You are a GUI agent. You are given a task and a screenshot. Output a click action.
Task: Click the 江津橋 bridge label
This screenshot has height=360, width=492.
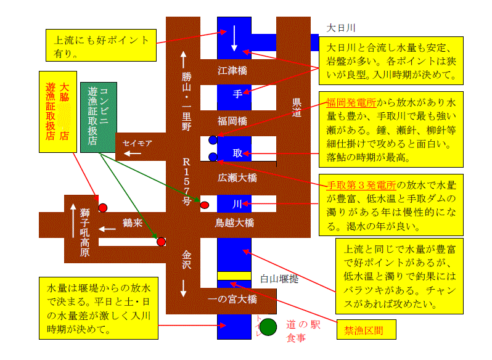click(232, 70)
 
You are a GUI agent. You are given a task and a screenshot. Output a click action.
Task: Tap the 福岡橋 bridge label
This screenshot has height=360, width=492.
click(232, 121)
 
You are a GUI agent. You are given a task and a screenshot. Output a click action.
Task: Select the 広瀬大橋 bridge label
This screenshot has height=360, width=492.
click(237, 178)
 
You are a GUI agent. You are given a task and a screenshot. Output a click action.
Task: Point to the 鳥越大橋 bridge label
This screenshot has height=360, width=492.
click(234, 223)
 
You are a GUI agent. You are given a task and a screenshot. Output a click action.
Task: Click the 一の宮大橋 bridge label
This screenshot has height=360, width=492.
click(232, 299)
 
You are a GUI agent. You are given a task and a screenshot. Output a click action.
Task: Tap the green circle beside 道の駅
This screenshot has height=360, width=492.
click(268, 327)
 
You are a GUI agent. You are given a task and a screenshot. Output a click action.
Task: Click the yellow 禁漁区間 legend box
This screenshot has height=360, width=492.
click(366, 330)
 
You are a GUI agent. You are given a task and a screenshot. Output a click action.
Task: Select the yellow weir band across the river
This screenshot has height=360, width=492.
click(234, 276)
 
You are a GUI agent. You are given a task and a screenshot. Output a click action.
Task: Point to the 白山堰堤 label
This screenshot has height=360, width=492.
click(279, 279)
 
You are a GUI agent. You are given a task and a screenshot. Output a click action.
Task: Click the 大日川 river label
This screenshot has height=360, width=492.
click(341, 28)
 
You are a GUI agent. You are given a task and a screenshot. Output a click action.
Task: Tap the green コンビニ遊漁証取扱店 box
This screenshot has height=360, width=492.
click(99, 117)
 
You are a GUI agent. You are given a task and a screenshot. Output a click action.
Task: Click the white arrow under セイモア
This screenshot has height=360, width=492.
click(133, 153)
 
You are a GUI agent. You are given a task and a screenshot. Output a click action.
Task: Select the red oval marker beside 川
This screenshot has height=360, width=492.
click(205, 205)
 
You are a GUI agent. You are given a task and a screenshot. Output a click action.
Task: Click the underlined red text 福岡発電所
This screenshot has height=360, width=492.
click(351, 102)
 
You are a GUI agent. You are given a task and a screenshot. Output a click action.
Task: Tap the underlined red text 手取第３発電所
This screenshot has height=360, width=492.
click(361, 185)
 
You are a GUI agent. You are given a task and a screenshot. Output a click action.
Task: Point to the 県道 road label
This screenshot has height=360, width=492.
click(297, 107)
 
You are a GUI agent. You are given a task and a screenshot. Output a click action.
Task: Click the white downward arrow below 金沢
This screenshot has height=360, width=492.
click(184, 288)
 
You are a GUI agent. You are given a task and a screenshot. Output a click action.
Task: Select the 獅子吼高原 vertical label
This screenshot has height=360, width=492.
click(84, 232)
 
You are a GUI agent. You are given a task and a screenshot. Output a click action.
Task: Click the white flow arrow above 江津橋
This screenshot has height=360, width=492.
click(234, 38)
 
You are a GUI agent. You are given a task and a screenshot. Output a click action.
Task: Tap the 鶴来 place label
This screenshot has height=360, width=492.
click(133, 223)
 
